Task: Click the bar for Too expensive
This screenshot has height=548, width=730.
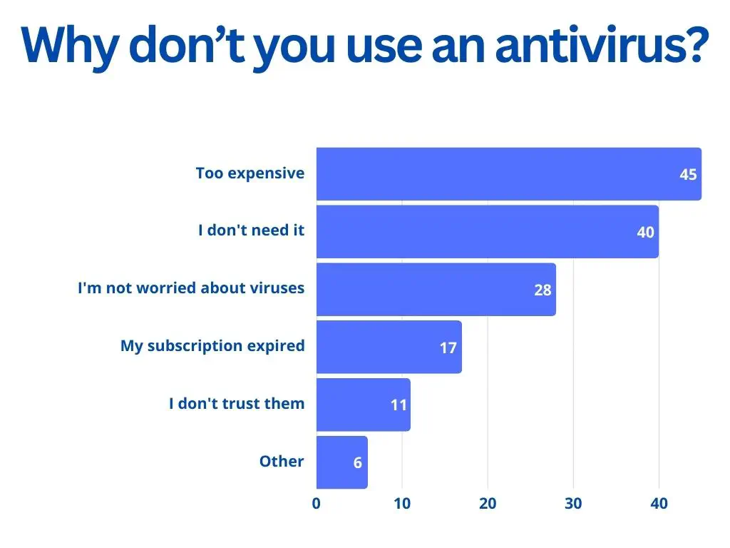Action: (x=499, y=173)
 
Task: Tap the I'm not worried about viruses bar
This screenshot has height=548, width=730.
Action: (x=428, y=289)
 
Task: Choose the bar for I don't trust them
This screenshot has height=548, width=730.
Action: (x=356, y=405)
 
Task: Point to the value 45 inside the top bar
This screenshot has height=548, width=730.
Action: (x=688, y=174)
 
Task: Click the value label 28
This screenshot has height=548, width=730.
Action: (x=543, y=290)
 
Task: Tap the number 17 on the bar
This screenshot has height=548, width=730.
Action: (x=448, y=347)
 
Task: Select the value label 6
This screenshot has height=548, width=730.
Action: (x=358, y=462)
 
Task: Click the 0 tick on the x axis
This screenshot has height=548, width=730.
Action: (x=317, y=503)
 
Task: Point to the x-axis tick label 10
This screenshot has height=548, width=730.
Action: (x=402, y=503)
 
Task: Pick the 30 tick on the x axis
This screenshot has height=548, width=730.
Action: (x=573, y=503)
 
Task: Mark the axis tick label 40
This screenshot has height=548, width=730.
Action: (x=659, y=503)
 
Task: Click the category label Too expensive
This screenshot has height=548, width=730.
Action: (x=250, y=173)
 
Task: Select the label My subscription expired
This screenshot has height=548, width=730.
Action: (x=212, y=346)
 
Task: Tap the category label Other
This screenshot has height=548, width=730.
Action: (x=282, y=462)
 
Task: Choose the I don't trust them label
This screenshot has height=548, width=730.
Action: (x=237, y=404)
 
